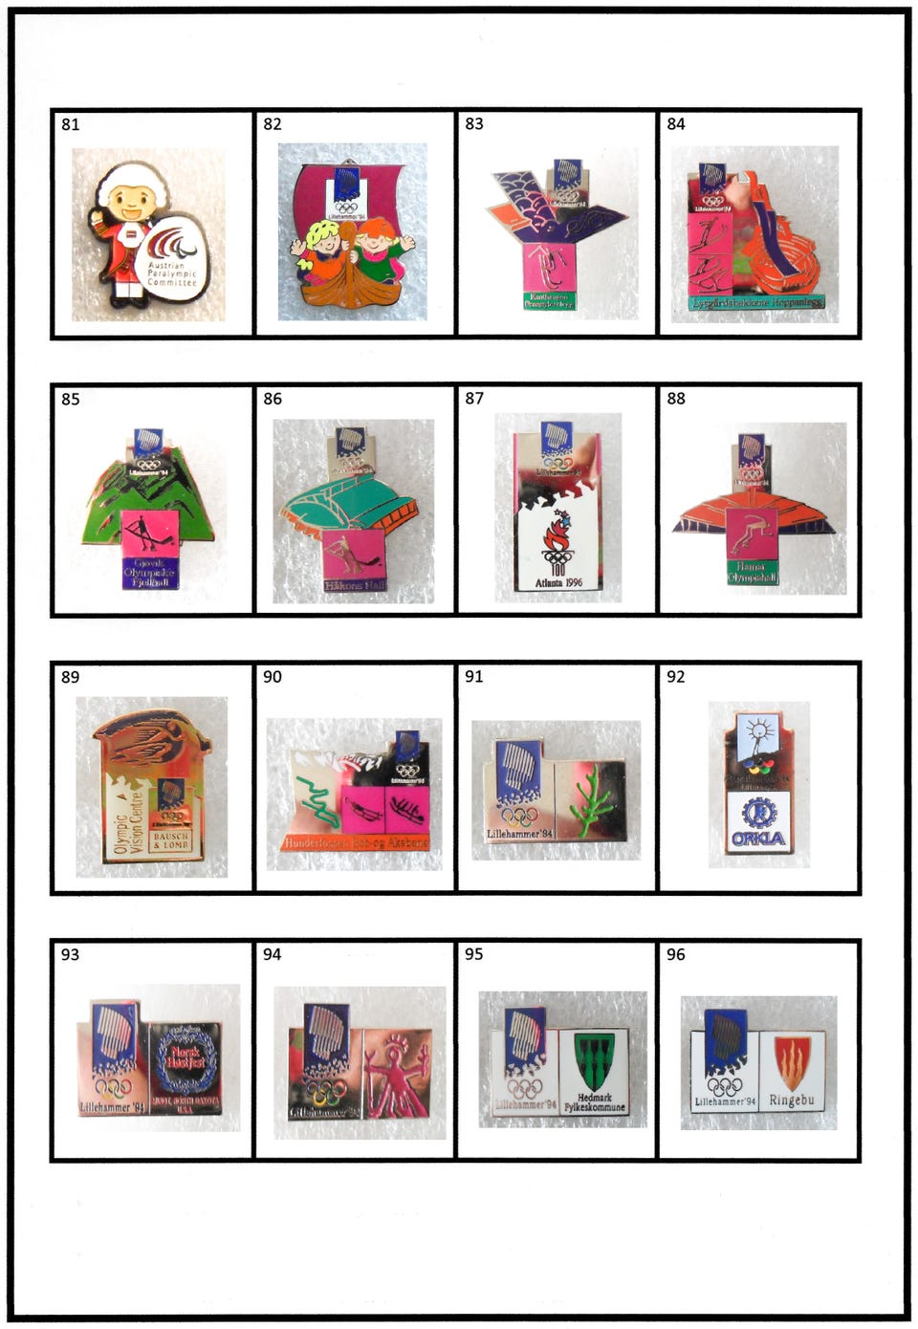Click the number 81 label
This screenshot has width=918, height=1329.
(x=71, y=124)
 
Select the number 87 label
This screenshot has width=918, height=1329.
(x=474, y=399)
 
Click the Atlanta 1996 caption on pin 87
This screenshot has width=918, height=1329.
(x=558, y=582)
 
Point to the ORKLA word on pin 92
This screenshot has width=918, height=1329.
(x=758, y=839)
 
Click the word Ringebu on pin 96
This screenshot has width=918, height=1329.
(x=792, y=1100)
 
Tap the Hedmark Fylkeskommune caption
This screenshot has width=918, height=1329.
(x=594, y=1102)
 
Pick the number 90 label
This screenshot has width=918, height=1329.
(x=273, y=677)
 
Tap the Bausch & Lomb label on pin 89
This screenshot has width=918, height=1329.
(x=172, y=840)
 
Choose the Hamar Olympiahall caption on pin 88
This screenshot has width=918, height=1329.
(x=752, y=573)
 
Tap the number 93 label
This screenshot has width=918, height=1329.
(x=71, y=955)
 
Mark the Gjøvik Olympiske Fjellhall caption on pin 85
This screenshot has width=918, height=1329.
(x=147, y=572)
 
